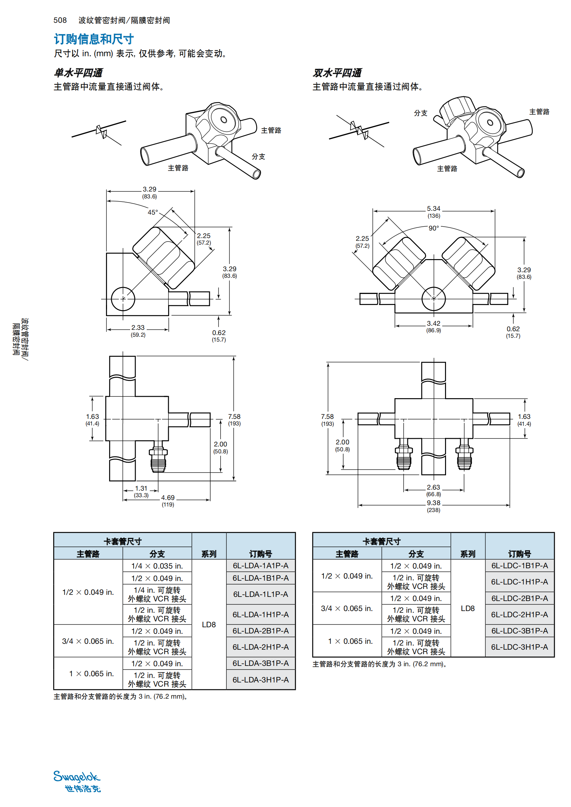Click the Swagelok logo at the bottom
pos(77,781)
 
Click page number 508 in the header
pos(60,20)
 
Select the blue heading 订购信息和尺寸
pos(94,39)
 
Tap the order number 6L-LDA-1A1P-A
pos(260,565)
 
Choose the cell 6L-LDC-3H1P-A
pos(519,647)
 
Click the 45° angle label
pos(153,212)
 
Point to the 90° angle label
pos(434,228)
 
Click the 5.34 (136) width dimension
pos(434,211)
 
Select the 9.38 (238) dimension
pos(434,506)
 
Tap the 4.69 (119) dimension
pos(168,501)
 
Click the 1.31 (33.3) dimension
pos(141,491)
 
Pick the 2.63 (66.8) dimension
pos(434,490)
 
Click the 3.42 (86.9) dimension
pos(434,326)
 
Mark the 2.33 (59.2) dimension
pos(138,331)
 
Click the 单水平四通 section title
pos(78,73)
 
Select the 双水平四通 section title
pos(337,73)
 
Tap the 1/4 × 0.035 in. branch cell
pos(157,566)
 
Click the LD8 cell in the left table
pos(209,624)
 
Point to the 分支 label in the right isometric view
pos(420,113)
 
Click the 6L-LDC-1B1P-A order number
pos(519,565)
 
